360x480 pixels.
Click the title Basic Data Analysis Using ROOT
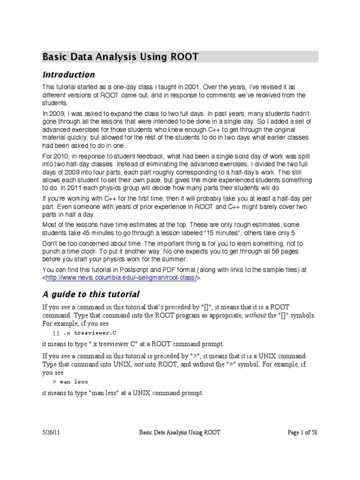point(120,57)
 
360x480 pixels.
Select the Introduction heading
point(68,75)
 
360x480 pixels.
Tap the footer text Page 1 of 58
point(302,433)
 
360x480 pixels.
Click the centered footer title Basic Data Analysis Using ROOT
point(180,433)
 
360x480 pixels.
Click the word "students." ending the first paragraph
point(55,103)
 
